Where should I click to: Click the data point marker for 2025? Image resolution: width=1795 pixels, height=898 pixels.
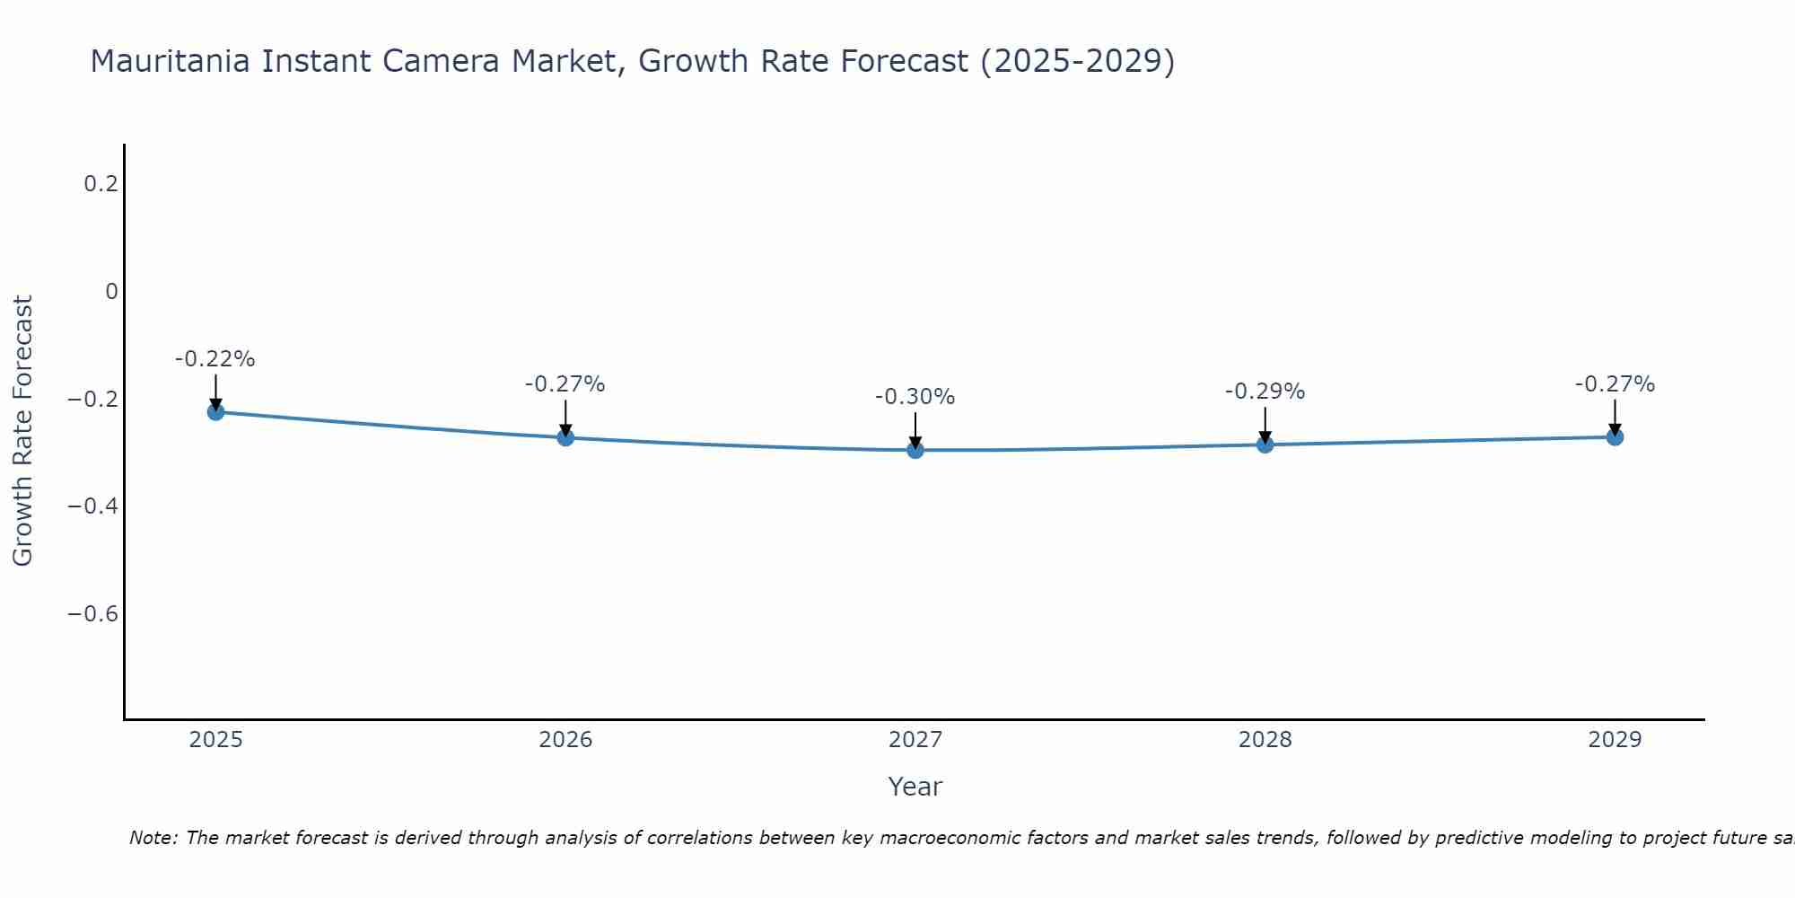point(215,411)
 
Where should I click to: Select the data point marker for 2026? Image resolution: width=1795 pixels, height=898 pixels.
point(565,437)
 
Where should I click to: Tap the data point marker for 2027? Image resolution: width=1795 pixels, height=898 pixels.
point(915,449)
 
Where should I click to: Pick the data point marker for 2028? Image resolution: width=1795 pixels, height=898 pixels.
point(1265,444)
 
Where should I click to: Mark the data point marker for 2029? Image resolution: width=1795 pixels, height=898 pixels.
point(1615,436)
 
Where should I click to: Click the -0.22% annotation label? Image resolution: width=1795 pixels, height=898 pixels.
point(215,359)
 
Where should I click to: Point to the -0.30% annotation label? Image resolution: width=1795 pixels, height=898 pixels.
point(915,397)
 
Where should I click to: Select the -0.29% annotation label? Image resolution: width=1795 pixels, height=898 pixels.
point(1265,392)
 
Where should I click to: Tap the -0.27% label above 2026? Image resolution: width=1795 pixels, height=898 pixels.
point(565,384)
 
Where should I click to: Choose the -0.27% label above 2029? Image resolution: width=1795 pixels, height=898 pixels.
point(1615,384)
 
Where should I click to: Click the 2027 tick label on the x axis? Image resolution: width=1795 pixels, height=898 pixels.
point(915,740)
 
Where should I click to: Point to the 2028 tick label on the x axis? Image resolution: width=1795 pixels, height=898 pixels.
point(1265,740)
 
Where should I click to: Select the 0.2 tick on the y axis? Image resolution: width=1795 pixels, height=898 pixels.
point(101,184)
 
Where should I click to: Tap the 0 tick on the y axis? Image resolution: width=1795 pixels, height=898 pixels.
point(111,292)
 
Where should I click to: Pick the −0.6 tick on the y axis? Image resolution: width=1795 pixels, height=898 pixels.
point(93,614)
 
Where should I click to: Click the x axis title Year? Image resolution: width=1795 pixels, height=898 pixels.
point(915,787)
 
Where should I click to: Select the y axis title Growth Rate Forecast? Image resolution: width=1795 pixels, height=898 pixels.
point(22,431)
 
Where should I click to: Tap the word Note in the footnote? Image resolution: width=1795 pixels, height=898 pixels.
point(153,838)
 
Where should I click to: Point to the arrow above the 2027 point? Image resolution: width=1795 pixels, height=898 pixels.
point(915,429)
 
